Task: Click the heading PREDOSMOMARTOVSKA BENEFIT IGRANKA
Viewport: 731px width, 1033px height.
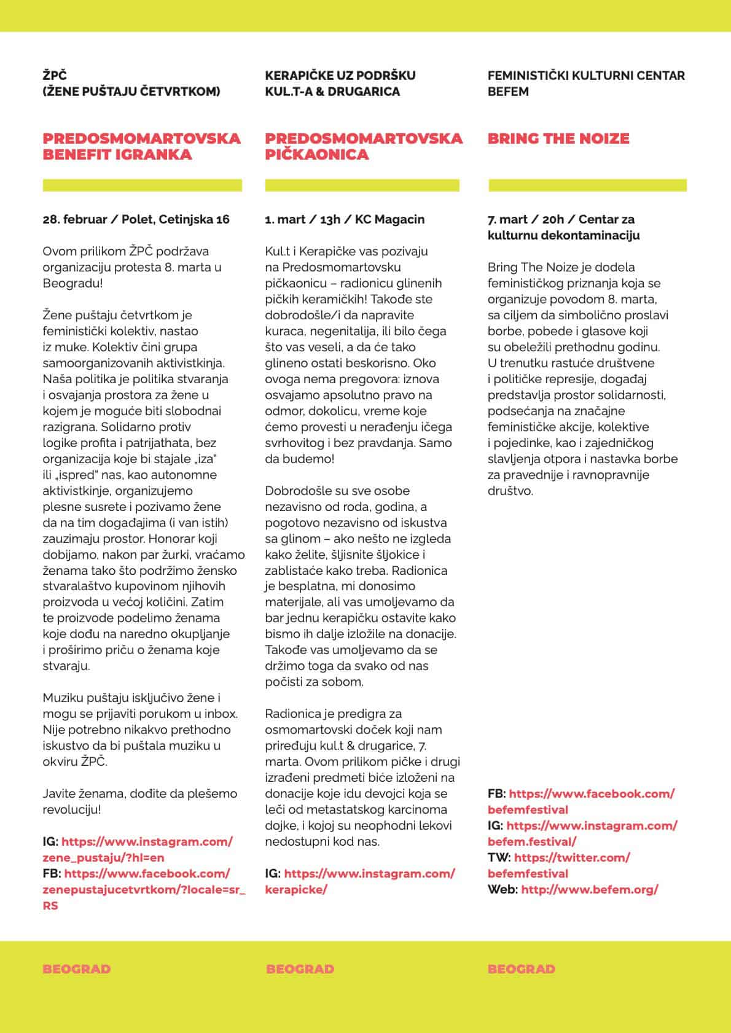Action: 141,146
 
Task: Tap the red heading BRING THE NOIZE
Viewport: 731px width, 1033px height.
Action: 558,138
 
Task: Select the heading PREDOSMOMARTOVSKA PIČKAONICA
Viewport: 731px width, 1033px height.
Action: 363,146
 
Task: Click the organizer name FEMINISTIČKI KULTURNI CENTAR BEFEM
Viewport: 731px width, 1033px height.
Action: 585,84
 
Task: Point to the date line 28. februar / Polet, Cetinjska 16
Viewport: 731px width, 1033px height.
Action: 136,219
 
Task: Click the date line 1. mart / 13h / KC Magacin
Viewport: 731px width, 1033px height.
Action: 345,219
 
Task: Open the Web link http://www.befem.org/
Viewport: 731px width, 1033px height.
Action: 590,889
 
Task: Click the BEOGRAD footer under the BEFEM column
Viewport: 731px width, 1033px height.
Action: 521,969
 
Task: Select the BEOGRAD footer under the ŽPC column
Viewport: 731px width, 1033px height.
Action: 77,969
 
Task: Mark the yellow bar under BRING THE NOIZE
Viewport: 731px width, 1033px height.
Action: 587,185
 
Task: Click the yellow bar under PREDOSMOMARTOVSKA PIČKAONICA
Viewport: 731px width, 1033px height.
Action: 362,185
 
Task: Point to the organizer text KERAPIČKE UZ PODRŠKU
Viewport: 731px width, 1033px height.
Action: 340,76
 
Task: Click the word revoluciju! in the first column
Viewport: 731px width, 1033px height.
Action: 71,809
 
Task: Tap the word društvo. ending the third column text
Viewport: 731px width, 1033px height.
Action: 510,491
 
